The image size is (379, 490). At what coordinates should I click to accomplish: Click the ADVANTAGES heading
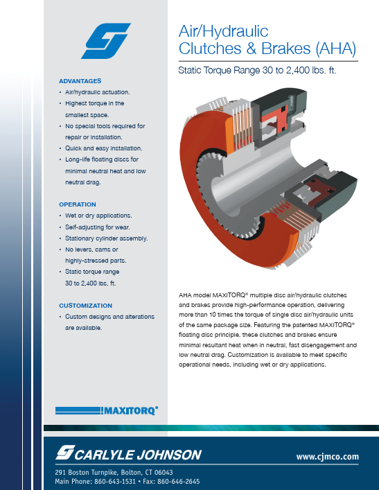[x=80, y=82]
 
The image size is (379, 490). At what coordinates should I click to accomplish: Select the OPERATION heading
[x=78, y=204]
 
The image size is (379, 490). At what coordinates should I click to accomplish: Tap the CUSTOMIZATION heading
[x=86, y=305]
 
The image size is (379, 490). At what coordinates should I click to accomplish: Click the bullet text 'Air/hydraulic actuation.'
[x=98, y=92]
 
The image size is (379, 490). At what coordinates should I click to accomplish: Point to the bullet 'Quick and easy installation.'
[x=104, y=148]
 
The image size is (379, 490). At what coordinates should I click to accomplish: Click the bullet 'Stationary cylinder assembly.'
[x=107, y=238]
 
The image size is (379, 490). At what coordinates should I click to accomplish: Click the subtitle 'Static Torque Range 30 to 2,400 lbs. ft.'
[x=257, y=70]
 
